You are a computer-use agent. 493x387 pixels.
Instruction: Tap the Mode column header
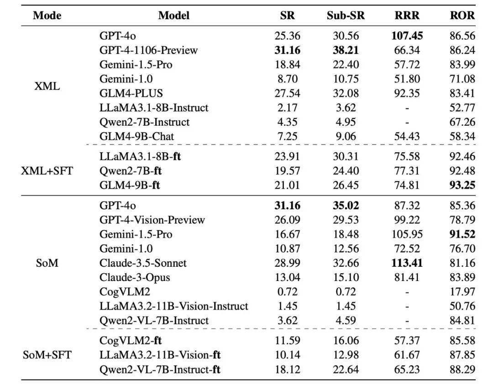[x=47, y=16]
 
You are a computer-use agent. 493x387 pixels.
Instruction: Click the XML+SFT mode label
[x=47, y=171]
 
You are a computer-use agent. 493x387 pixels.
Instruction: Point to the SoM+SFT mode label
[x=47, y=355]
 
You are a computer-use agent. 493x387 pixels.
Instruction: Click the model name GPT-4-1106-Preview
[x=148, y=50]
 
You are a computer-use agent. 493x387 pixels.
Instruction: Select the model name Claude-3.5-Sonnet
[x=143, y=263]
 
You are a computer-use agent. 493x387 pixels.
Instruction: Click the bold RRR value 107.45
[x=407, y=36]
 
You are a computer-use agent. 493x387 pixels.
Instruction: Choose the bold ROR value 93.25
[x=462, y=186]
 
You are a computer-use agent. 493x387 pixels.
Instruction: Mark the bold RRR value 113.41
[x=407, y=263]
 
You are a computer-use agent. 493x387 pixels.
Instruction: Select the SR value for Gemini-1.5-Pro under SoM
[x=288, y=234]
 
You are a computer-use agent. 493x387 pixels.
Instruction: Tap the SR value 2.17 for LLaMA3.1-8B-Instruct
[x=288, y=108]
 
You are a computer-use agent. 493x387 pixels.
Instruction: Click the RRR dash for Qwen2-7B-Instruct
[x=407, y=122]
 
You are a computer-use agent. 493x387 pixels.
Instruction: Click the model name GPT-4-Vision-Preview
[x=152, y=220]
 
